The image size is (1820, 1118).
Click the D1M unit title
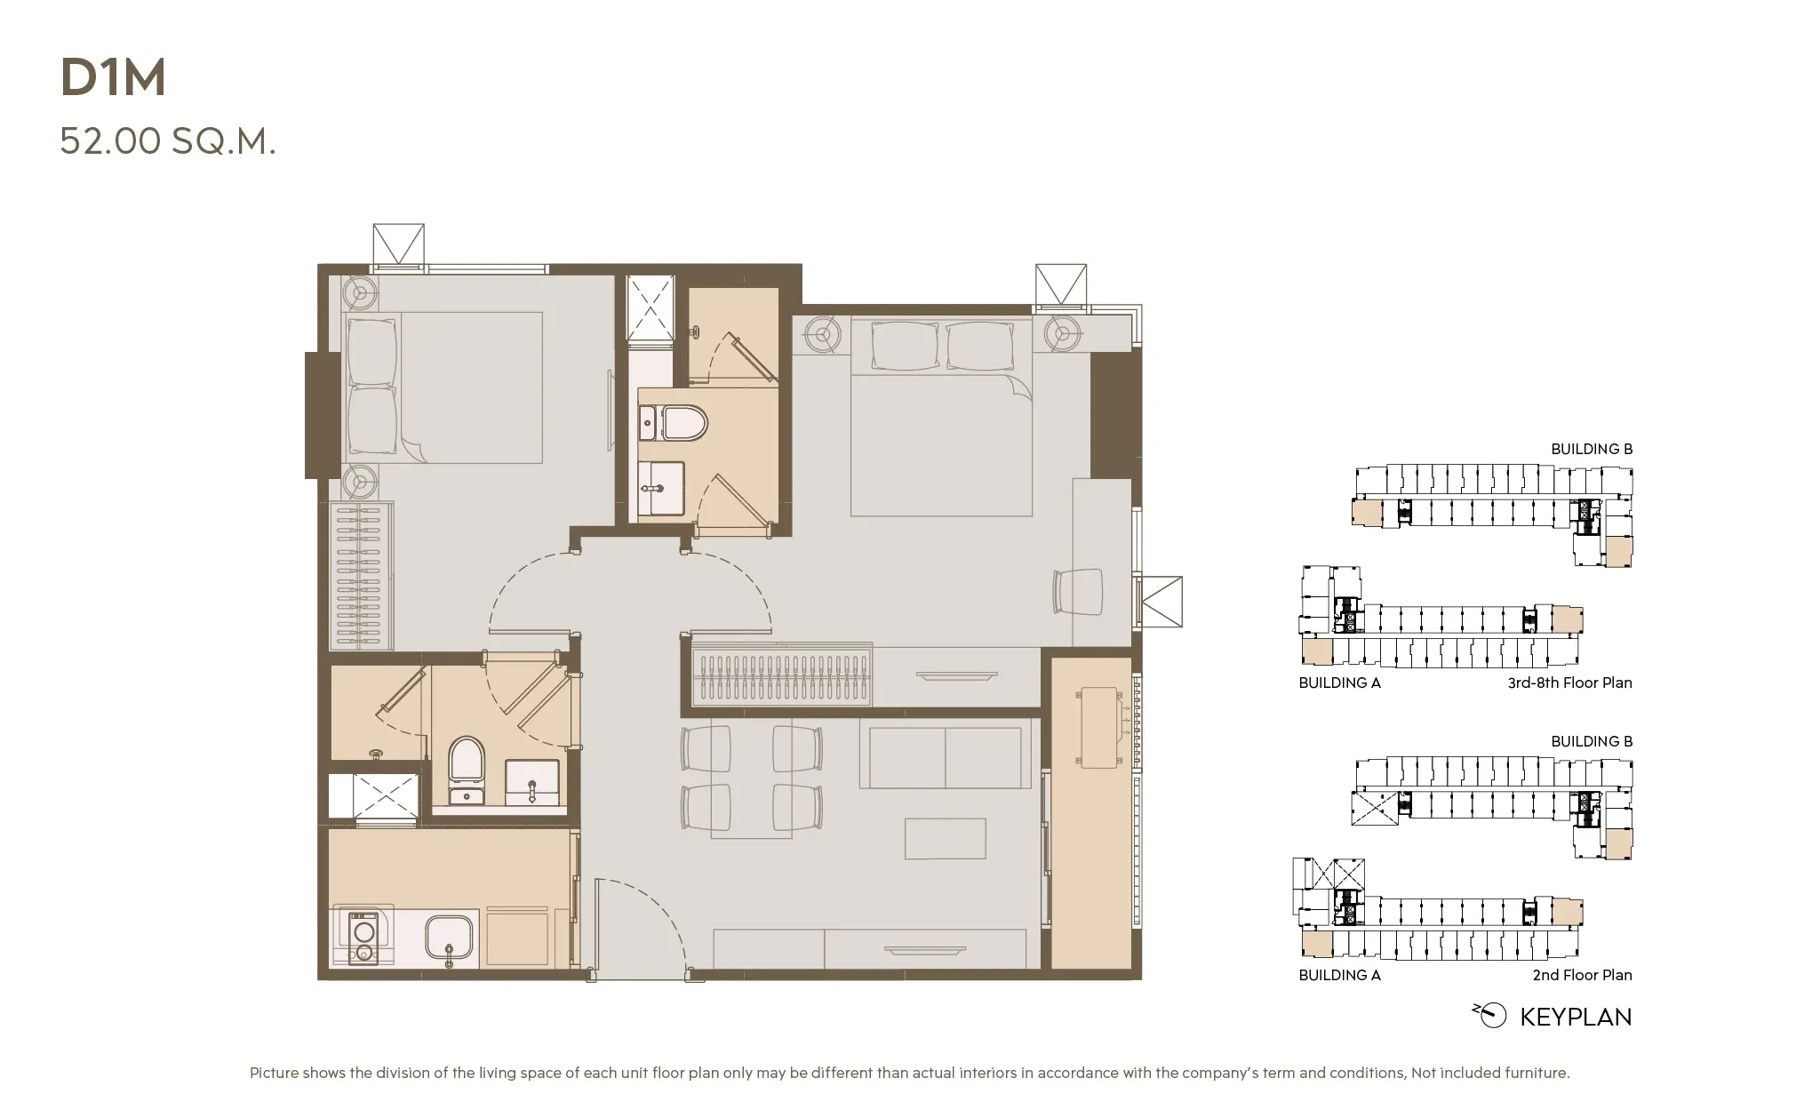click(113, 78)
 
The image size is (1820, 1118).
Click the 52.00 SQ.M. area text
click(168, 141)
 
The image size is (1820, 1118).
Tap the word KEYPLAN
click(1575, 1018)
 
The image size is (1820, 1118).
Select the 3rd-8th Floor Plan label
click(1569, 683)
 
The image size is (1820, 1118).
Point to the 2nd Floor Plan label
click(1582, 975)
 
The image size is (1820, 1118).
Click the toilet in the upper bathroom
click(685, 423)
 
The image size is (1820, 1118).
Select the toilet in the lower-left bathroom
click(467, 758)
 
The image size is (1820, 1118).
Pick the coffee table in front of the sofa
click(945, 839)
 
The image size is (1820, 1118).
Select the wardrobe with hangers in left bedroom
click(362, 575)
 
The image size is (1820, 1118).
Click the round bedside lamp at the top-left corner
click(360, 291)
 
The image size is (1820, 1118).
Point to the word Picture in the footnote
click(274, 1073)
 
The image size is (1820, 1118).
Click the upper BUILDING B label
click(1591, 449)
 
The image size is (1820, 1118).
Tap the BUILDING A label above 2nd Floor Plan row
click(1339, 975)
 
